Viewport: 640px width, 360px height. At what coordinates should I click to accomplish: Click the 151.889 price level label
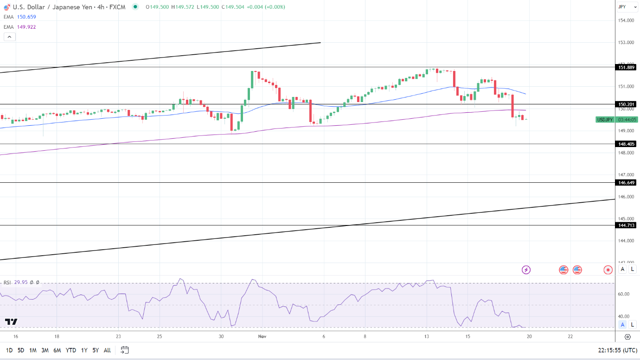tap(627, 67)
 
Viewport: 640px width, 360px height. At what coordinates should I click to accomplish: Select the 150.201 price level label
tap(627, 104)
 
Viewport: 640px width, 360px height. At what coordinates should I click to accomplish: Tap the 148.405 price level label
tap(627, 144)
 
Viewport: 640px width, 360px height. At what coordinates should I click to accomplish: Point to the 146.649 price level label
tap(627, 183)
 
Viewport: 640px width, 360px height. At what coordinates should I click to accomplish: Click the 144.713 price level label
tap(627, 225)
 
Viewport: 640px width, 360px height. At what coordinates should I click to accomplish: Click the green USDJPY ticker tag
tap(604, 120)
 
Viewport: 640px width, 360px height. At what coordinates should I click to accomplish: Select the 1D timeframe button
tap(9, 350)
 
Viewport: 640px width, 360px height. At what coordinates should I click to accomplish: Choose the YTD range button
tap(71, 350)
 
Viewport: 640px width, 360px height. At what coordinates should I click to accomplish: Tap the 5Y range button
tap(95, 350)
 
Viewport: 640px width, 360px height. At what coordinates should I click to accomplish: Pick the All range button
tap(107, 350)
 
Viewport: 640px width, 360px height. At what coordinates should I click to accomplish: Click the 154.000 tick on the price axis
tap(627, 20)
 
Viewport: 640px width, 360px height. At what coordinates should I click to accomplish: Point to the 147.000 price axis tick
tap(627, 175)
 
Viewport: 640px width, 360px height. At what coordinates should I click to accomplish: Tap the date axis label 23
tap(118, 336)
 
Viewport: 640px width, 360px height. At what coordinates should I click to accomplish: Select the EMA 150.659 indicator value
tap(26, 17)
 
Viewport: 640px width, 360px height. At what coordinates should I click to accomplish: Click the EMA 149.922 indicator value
tap(26, 27)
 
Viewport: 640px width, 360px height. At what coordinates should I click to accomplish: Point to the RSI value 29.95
tap(20, 283)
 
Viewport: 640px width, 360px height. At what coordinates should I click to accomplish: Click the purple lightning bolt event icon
tap(526, 270)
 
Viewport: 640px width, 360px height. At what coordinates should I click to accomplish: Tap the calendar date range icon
tap(124, 350)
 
